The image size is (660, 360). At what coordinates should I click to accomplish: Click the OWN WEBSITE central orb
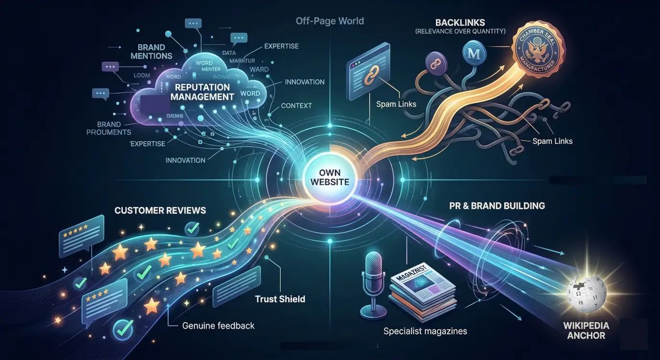[330, 177]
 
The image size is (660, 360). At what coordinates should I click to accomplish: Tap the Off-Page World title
[330, 21]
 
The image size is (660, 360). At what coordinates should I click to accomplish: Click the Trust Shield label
[280, 299]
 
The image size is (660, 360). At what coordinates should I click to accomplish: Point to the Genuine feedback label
[218, 325]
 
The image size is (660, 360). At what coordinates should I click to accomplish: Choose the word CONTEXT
[296, 106]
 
